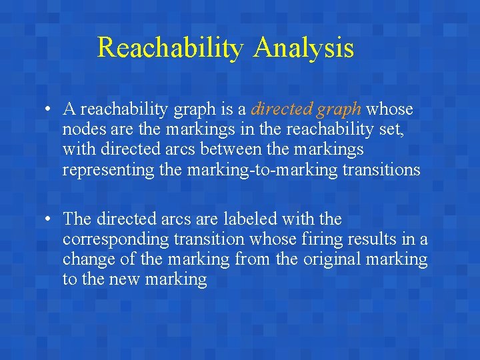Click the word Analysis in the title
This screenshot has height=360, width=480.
point(303,48)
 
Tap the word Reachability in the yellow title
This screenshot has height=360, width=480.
point(171,48)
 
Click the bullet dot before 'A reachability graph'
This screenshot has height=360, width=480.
point(50,109)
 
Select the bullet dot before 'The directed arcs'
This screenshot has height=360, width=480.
point(50,219)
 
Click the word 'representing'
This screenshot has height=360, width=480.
point(109,170)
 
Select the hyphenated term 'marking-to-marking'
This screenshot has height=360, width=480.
point(263,170)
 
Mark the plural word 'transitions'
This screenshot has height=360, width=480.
point(381,169)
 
